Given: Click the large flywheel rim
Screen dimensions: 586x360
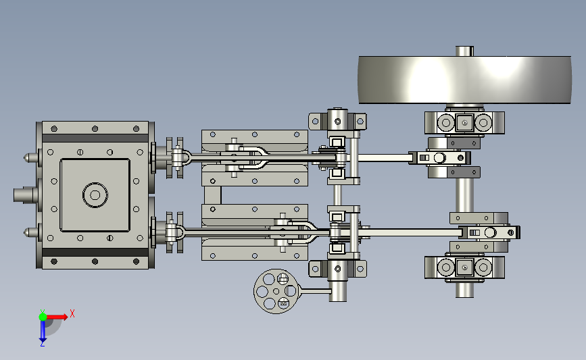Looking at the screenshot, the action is coord(464,80).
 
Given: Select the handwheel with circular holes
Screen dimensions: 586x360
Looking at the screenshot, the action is coord(276,291).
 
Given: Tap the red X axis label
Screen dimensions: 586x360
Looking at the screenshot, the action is coord(72,313).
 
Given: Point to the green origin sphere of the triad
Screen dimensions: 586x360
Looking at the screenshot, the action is coord(43,317).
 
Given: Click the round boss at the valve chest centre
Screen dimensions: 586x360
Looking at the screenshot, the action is coord(95,195).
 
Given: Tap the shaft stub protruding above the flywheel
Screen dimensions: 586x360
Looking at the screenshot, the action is coord(464,51).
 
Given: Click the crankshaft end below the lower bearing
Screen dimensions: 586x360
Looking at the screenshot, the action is coord(464,290).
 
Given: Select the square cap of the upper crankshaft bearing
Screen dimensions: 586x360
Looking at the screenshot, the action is coord(464,122).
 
